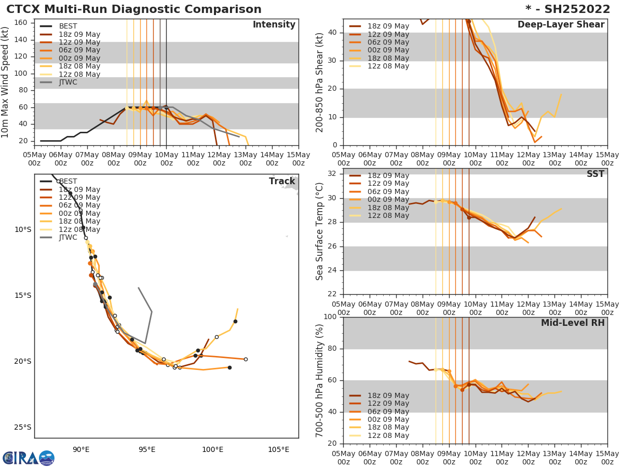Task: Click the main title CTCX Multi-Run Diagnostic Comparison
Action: pos(134,9)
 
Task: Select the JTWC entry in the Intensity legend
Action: pos(68,83)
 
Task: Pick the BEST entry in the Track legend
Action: pos(68,182)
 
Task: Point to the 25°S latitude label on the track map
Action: pos(23,428)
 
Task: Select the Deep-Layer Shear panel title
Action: pos(561,25)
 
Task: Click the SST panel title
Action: pos(595,174)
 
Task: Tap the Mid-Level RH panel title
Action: pos(573,323)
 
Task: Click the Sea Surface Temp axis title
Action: pos(320,231)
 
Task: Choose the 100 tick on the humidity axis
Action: pos(331,317)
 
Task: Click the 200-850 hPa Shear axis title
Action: pos(320,82)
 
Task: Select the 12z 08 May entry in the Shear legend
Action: pos(388,66)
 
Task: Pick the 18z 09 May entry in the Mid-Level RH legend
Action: pos(388,396)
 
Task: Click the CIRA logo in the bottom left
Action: pos(29,458)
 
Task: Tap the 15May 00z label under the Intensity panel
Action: pos(298,159)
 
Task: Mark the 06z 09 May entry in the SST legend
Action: pos(388,192)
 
